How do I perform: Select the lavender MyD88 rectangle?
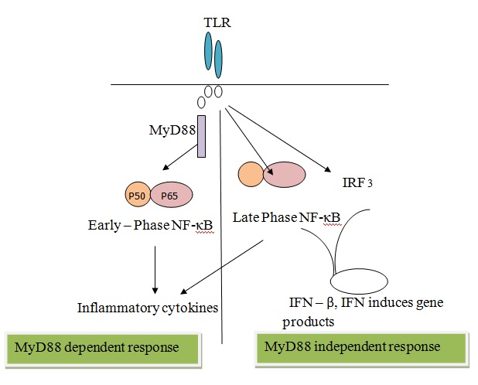[x=201, y=136]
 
